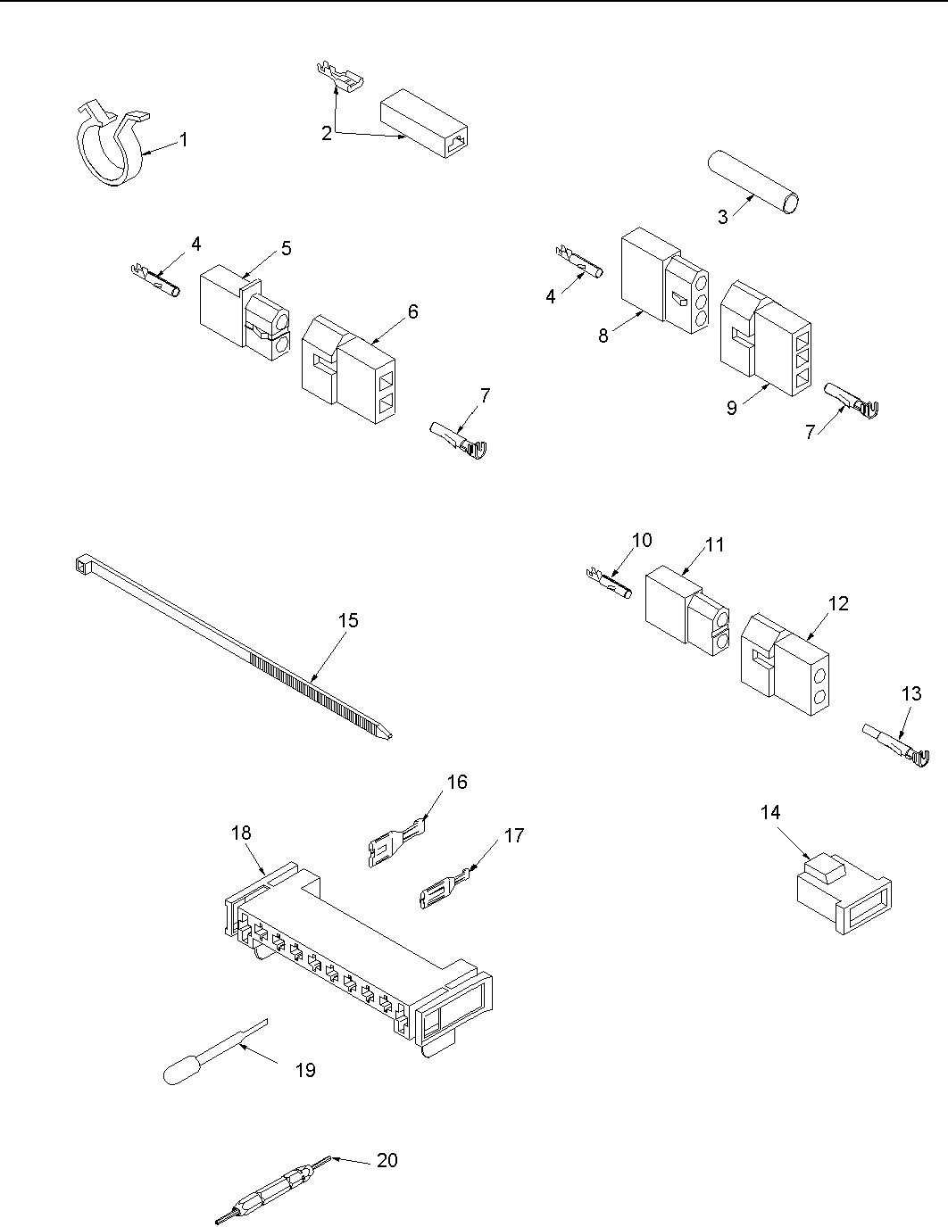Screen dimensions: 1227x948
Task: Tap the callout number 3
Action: tap(723, 216)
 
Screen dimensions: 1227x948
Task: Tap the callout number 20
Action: tap(387, 1160)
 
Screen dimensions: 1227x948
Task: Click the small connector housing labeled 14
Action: tap(842, 893)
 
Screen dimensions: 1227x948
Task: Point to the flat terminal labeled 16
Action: tap(394, 842)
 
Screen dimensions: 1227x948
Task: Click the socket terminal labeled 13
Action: tap(898, 746)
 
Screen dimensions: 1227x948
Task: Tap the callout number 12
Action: tap(838, 603)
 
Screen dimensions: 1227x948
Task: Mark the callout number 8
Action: tap(604, 336)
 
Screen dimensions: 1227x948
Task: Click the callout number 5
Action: tap(286, 248)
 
